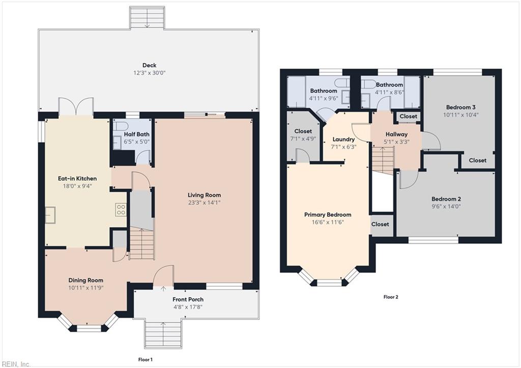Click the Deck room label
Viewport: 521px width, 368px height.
(149, 65)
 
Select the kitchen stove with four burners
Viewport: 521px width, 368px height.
(121, 210)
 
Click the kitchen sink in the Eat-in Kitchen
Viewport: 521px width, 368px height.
(50, 215)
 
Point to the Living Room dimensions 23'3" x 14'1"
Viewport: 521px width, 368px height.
(204, 203)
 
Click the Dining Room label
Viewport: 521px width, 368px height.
(86, 280)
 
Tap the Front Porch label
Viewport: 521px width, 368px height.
(188, 299)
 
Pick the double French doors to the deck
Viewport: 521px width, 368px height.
(76, 106)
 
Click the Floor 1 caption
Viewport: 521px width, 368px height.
(145, 360)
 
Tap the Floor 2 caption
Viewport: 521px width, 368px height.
(390, 297)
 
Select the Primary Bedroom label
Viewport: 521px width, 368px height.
(328, 215)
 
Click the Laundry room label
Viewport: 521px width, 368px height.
(343, 139)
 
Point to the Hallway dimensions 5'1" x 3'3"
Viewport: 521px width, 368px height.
(396, 142)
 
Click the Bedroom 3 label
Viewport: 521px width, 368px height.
(460, 107)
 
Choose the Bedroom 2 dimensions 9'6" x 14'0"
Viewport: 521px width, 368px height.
(446, 207)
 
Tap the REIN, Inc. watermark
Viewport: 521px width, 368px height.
(16, 363)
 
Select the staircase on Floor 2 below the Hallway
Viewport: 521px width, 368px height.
(383, 159)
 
